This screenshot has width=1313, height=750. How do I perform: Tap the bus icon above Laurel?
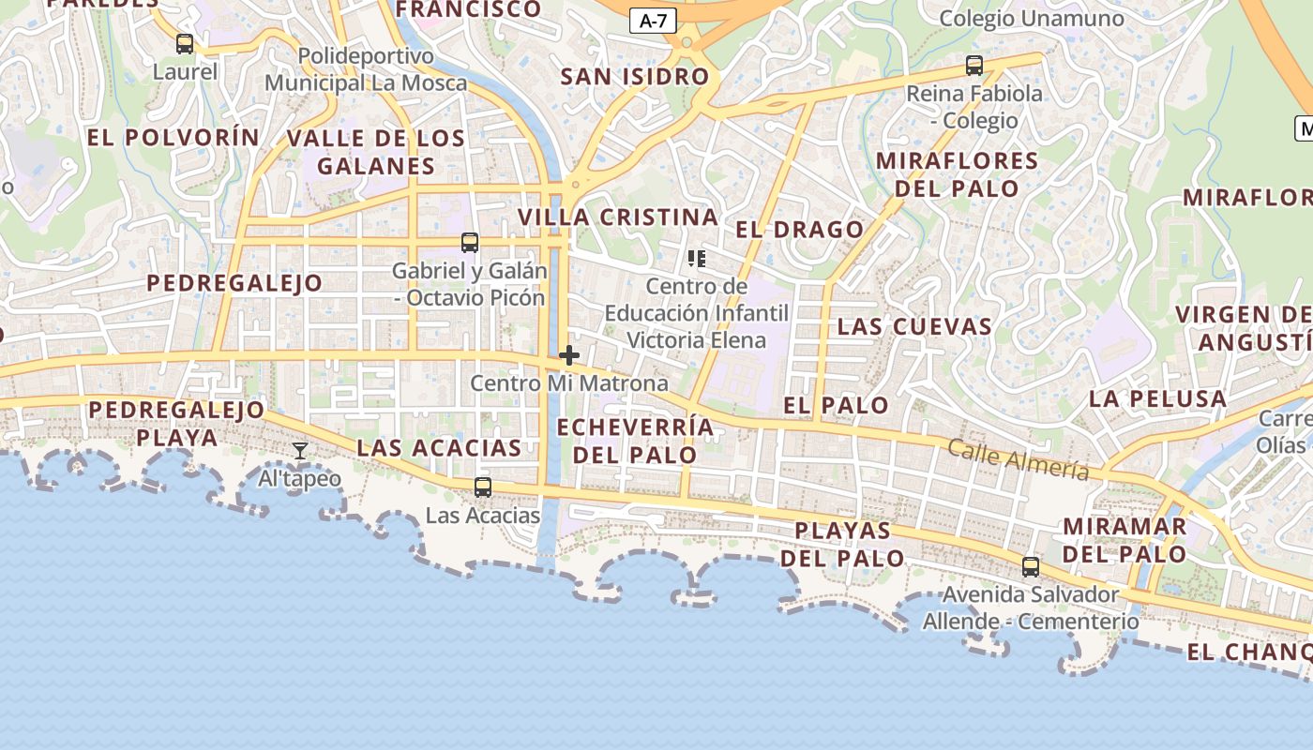[185, 43]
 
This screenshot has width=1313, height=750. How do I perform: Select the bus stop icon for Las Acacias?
[483, 487]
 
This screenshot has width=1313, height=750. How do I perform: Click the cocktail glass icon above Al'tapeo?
[300, 452]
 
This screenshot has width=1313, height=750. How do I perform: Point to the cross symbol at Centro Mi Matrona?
[569, 355]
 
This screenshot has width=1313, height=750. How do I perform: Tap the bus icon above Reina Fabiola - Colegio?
[974, 66]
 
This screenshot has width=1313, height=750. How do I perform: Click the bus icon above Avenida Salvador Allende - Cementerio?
[1031, 567]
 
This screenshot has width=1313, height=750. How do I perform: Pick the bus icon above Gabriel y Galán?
[470, 243]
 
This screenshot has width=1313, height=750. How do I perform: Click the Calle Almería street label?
[1018, 459]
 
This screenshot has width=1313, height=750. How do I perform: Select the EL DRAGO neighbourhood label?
[800, 230]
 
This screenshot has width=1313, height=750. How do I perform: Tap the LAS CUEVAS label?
[914, 326]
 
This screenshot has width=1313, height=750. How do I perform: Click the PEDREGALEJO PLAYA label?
[177, 424]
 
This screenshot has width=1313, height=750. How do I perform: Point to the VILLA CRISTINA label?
[619, 217]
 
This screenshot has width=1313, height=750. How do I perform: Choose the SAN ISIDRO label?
[635, 77]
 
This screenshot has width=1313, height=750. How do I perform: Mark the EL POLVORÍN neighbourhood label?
[174, 137]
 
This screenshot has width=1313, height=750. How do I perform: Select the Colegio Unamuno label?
[1031, 19]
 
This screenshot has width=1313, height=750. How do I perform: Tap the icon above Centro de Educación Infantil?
[696, 258]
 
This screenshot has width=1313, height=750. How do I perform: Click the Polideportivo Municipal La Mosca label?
[366, 69]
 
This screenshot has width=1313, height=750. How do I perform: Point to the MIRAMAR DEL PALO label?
[1124, 540]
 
